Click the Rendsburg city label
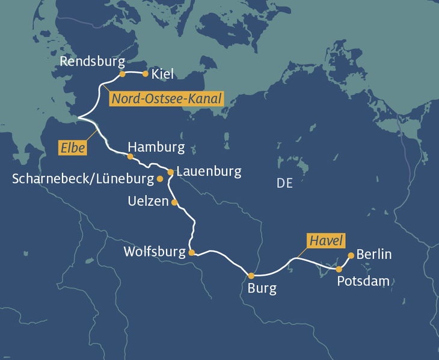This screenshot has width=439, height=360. [x=92, y=61]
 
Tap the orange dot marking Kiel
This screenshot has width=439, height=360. [x=145, y=73]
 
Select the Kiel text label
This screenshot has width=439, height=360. [x=163, y=74]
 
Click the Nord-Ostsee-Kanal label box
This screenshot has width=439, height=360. [x=167, y=99]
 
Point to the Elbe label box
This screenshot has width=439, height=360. [x=72, y=147]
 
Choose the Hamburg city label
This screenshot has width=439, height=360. [x=156, y=147]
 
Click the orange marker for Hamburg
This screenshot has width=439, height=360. [x=130, y=157]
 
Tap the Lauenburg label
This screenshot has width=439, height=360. [x=209, y=172]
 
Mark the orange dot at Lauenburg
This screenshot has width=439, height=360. [x=170, y=172]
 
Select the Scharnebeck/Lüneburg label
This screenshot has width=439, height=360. [x=82, y=179]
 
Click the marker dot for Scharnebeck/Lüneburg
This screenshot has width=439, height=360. [x=160, y=179]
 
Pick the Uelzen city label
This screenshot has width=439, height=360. [x=149, y=202]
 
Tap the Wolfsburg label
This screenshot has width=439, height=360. [x=154, y=252]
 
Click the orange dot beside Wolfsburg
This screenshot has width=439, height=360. [x=191, y=253]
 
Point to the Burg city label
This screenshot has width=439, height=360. [x=262, y=288]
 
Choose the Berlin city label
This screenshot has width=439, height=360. [x=374, y=254]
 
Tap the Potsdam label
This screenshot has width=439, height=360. [x=363, y=281]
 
